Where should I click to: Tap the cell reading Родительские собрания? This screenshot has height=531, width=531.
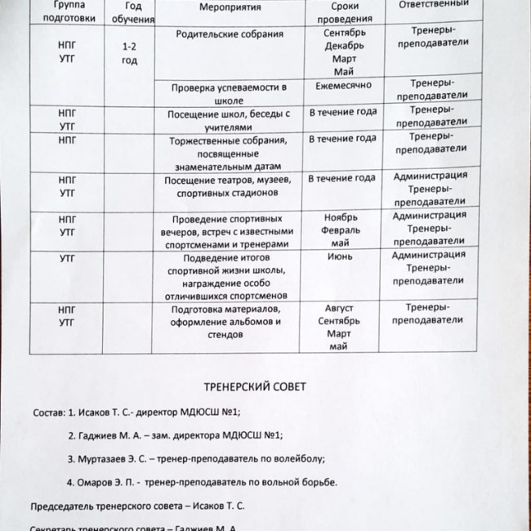230,34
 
